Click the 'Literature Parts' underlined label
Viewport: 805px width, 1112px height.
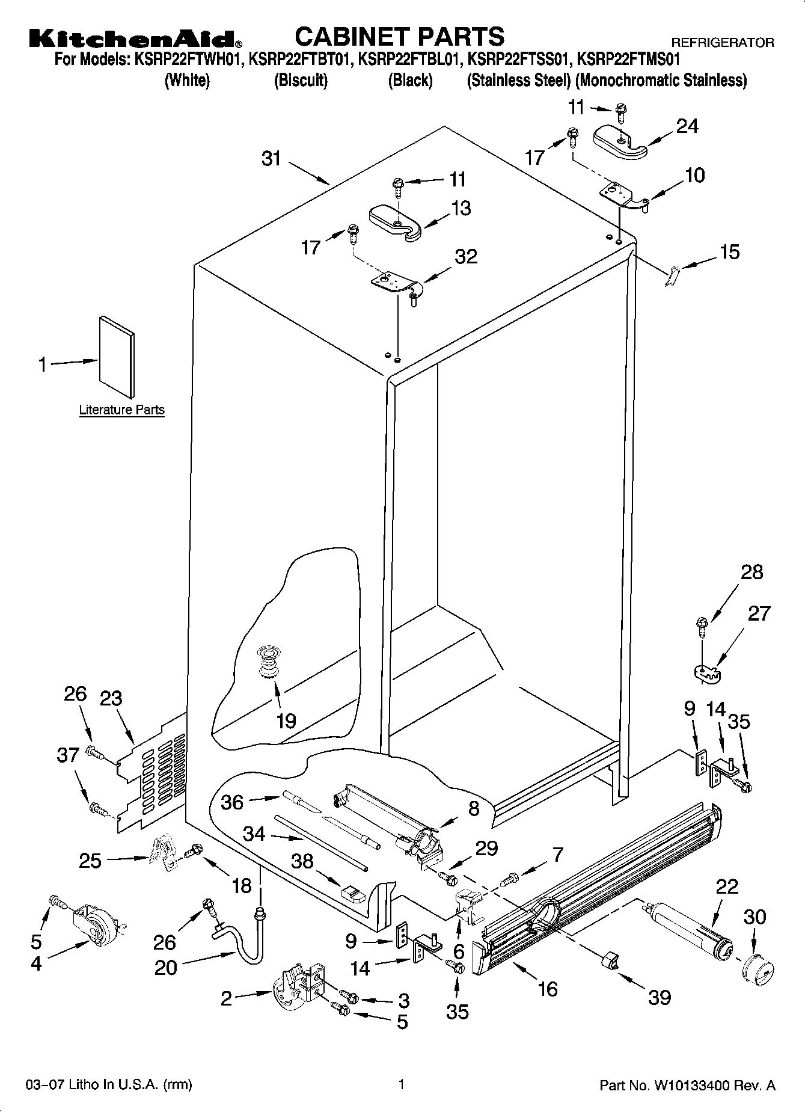pyautogui.click(x=121, y=410)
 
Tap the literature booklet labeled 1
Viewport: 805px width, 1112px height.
pyautogui.click(x=117, y=357)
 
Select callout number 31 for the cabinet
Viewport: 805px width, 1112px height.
pyautogui.click(x=271, y=159)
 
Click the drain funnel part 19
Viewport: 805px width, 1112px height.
pyautogui.click(x=269, y=660)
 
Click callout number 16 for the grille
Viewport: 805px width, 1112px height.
pyautogui.click(x=548, y=988)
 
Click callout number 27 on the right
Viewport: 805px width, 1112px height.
pyautogui.click(x=758, y=614)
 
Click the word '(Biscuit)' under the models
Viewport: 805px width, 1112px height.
pyautogui.click(x=301, y=80)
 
